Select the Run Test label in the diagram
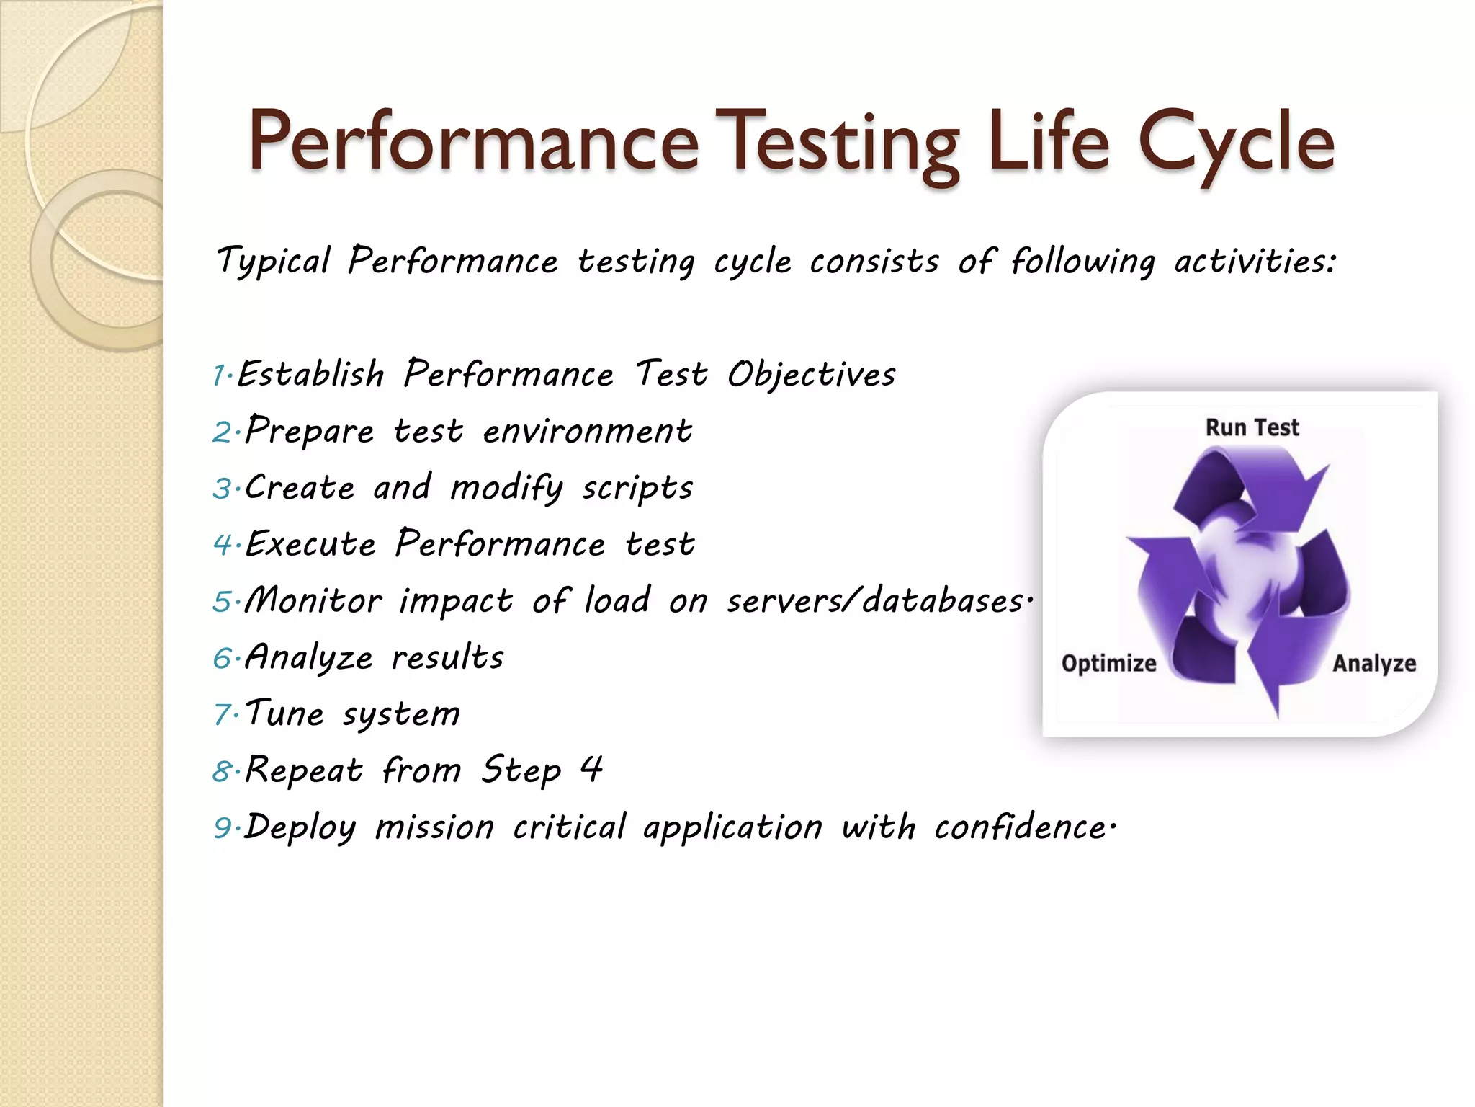1252,427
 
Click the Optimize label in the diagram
1108,663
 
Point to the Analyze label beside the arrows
1373,663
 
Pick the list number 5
222,602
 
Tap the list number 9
222,828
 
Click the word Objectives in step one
811,375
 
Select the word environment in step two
587,431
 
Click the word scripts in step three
637,489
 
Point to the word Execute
310,544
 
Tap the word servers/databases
874,600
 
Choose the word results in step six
447,657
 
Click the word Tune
284,713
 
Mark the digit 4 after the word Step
591,769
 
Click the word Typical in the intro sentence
274,261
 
